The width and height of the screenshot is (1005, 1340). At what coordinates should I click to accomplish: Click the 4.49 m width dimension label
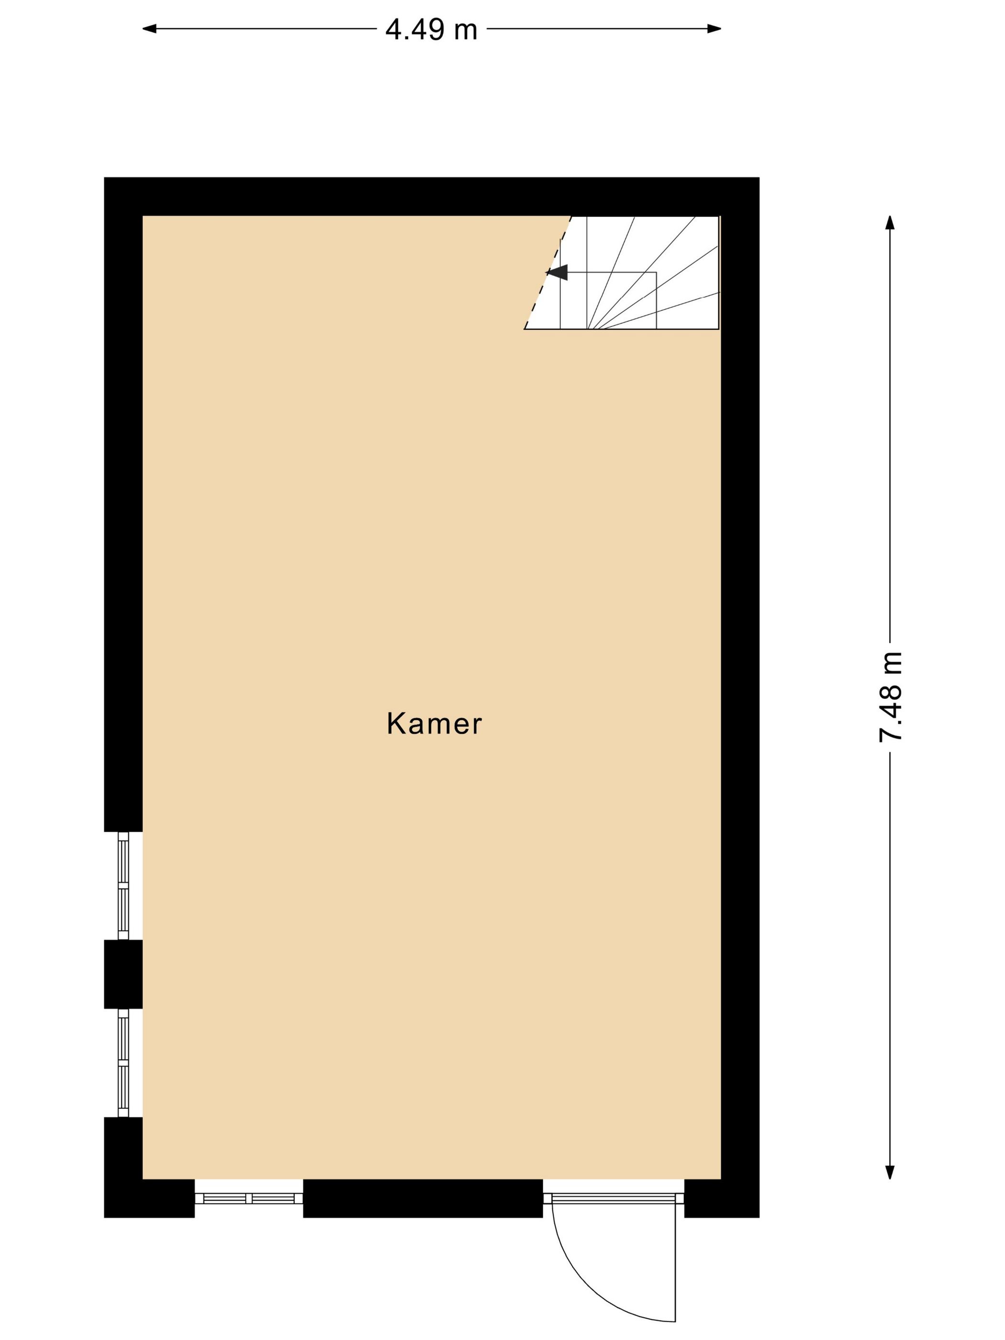(x=431, y=30)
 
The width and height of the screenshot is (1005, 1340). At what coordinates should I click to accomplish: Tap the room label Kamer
(x=434, y=724)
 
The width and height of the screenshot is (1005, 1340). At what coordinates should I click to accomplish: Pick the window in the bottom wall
(x=248, y=1198)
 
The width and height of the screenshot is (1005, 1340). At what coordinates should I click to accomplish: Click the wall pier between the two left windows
(x=123, y=974)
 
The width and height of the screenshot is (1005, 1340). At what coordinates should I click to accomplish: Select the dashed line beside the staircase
(x=547, y=273)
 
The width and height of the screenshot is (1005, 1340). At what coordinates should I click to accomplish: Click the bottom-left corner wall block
(x=149, y=1181)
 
